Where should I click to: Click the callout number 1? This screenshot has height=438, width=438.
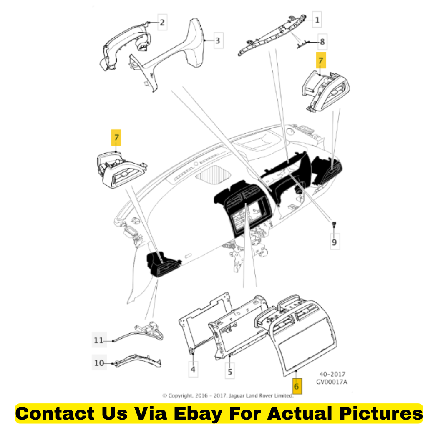[x=317, y=20]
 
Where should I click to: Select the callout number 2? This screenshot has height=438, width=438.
[x=162, y=23]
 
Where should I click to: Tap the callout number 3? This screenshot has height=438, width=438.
[x=218, y=40]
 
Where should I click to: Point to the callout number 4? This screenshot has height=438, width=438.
[x=193, y=369]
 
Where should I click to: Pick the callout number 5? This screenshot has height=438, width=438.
[x=230, y=372]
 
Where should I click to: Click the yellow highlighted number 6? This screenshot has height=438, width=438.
[x=297, y=386]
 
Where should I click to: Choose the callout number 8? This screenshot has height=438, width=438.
[x=322, y=42]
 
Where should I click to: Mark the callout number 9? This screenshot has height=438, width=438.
[x=335, y=242]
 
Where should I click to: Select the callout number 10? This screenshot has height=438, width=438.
[x=99, y=363]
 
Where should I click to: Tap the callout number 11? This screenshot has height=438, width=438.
[x=98, y=340]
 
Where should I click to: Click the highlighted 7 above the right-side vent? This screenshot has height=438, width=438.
[x=321, y=60]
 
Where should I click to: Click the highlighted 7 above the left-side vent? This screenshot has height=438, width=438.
[x=116, y=137]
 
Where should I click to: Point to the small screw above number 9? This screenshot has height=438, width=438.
[x=334, y=224]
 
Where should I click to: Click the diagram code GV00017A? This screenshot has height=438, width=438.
[x=332, y=382]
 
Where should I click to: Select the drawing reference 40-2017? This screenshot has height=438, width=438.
[x=332, y=374]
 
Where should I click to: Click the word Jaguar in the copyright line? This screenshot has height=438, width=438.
[x=237, y=395]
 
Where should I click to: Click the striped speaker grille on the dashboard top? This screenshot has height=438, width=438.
[x=213, y=175]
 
